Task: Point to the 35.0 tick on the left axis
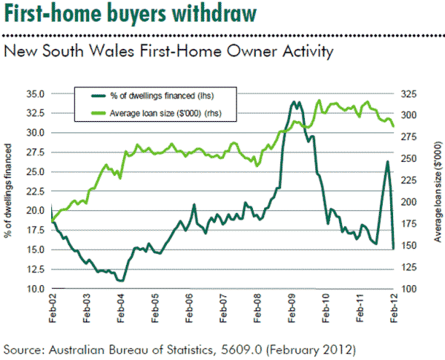(35, 94)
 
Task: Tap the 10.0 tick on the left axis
(35, 288)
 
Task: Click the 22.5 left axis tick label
(35, 191)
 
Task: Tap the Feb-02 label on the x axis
(52, 307)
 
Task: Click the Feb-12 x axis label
(393, 307)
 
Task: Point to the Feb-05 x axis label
(154, 307)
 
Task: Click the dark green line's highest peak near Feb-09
(294, 102)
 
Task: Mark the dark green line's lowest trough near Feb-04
(121, 281)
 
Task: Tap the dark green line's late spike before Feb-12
(387, 162)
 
